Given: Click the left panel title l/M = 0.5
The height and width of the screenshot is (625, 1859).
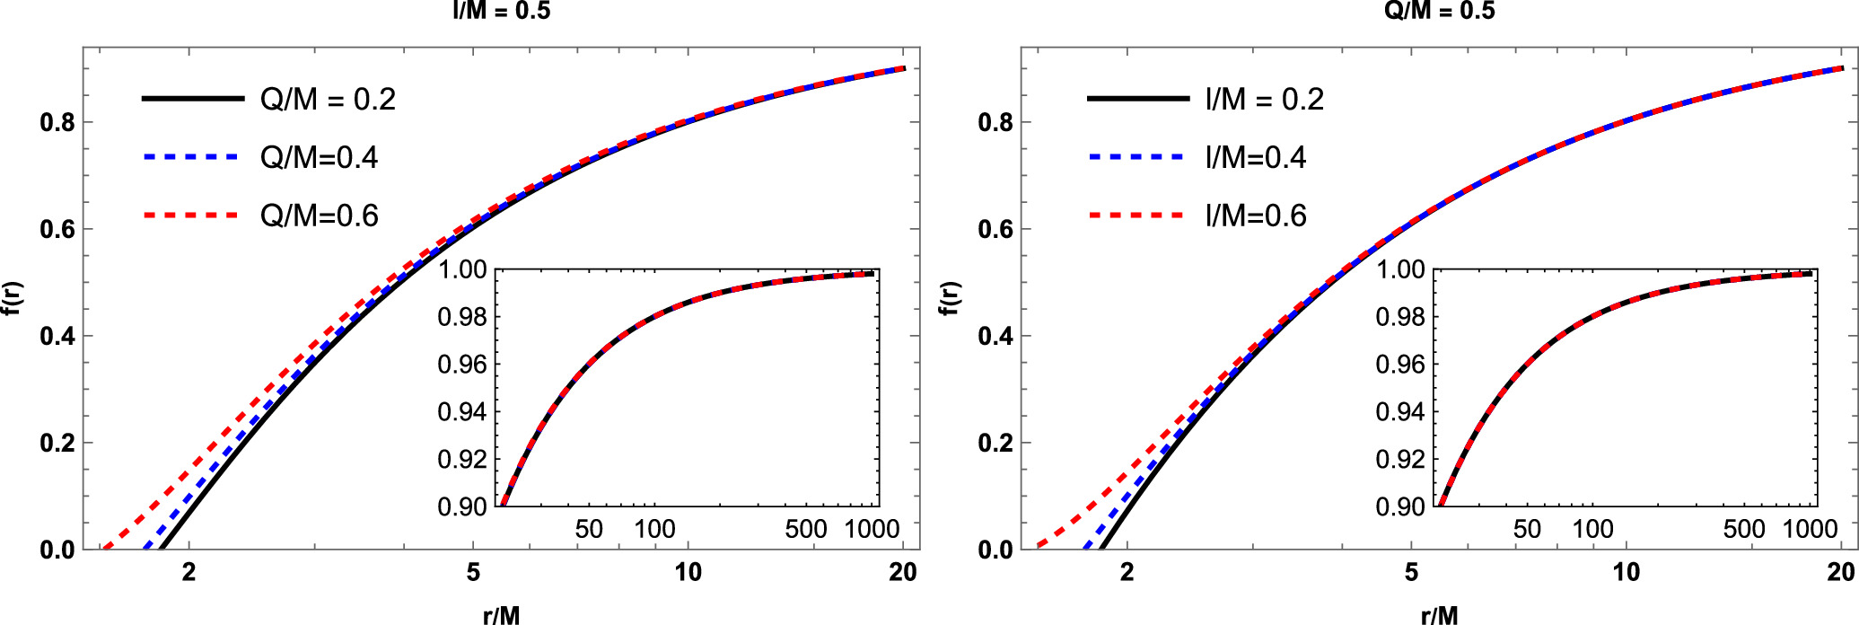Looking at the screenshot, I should click(x=501, y=11).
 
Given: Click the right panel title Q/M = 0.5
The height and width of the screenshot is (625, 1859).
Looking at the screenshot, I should click(x=1439, y=11).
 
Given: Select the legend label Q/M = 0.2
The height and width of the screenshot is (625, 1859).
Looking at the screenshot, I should click(x=328, y=99).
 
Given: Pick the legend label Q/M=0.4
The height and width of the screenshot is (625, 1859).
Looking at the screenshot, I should click(x=319, y=157).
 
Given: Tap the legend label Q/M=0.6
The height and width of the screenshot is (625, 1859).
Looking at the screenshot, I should click(x=319, y=216).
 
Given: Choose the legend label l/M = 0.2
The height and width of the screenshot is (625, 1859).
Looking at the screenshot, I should click(x=1264, y=99).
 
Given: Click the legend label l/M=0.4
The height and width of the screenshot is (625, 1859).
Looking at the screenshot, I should click(x=1255, y=157).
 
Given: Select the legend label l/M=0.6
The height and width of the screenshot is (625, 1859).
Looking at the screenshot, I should click(x=1255, y=216).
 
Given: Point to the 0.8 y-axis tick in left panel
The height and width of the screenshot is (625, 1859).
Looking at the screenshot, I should click(x=57, y=122).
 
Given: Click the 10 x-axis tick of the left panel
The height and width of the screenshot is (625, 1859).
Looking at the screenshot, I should click(x=688, y=572).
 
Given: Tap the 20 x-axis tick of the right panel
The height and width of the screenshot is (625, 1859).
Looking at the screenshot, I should click(x=1841, y=572).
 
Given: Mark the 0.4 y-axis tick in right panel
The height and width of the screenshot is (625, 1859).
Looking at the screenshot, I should click(x=995, y=336).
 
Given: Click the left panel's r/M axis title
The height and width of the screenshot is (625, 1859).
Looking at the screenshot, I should click(x=501, y=614).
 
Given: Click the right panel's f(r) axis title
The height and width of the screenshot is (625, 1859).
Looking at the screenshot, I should click(x=949, y=298).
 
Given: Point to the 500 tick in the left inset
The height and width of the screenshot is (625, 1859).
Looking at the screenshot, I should click(x=805, y=529).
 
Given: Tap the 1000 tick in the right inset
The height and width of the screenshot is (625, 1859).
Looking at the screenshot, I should click(x=1810, y=529).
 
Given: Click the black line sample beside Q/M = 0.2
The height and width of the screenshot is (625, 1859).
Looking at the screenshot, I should click(x=193, y=98).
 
